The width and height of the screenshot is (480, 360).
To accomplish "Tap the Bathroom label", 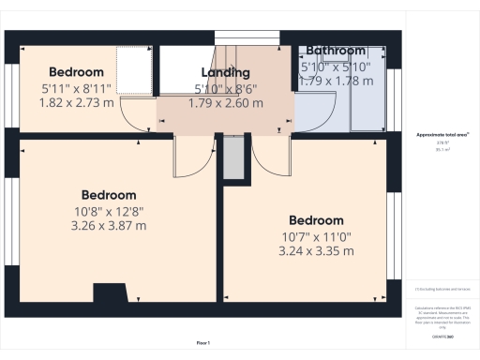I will [335, 51].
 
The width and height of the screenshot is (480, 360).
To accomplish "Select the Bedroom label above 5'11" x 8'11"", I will [75, 72].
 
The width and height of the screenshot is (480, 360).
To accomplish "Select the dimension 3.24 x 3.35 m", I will [316, 251].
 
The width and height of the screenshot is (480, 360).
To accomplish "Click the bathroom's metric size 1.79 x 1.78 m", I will [335, 81].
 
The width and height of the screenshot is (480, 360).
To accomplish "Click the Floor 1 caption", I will [203, 343].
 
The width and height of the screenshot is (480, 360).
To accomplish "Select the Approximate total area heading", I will [442, 135].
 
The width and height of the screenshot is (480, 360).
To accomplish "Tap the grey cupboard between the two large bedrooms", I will [232, 161].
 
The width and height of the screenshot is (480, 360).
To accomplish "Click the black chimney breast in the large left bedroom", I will [110, 292].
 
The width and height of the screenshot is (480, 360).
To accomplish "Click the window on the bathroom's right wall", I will [394, 98].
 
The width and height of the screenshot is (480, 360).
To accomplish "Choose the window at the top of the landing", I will [241, 37].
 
